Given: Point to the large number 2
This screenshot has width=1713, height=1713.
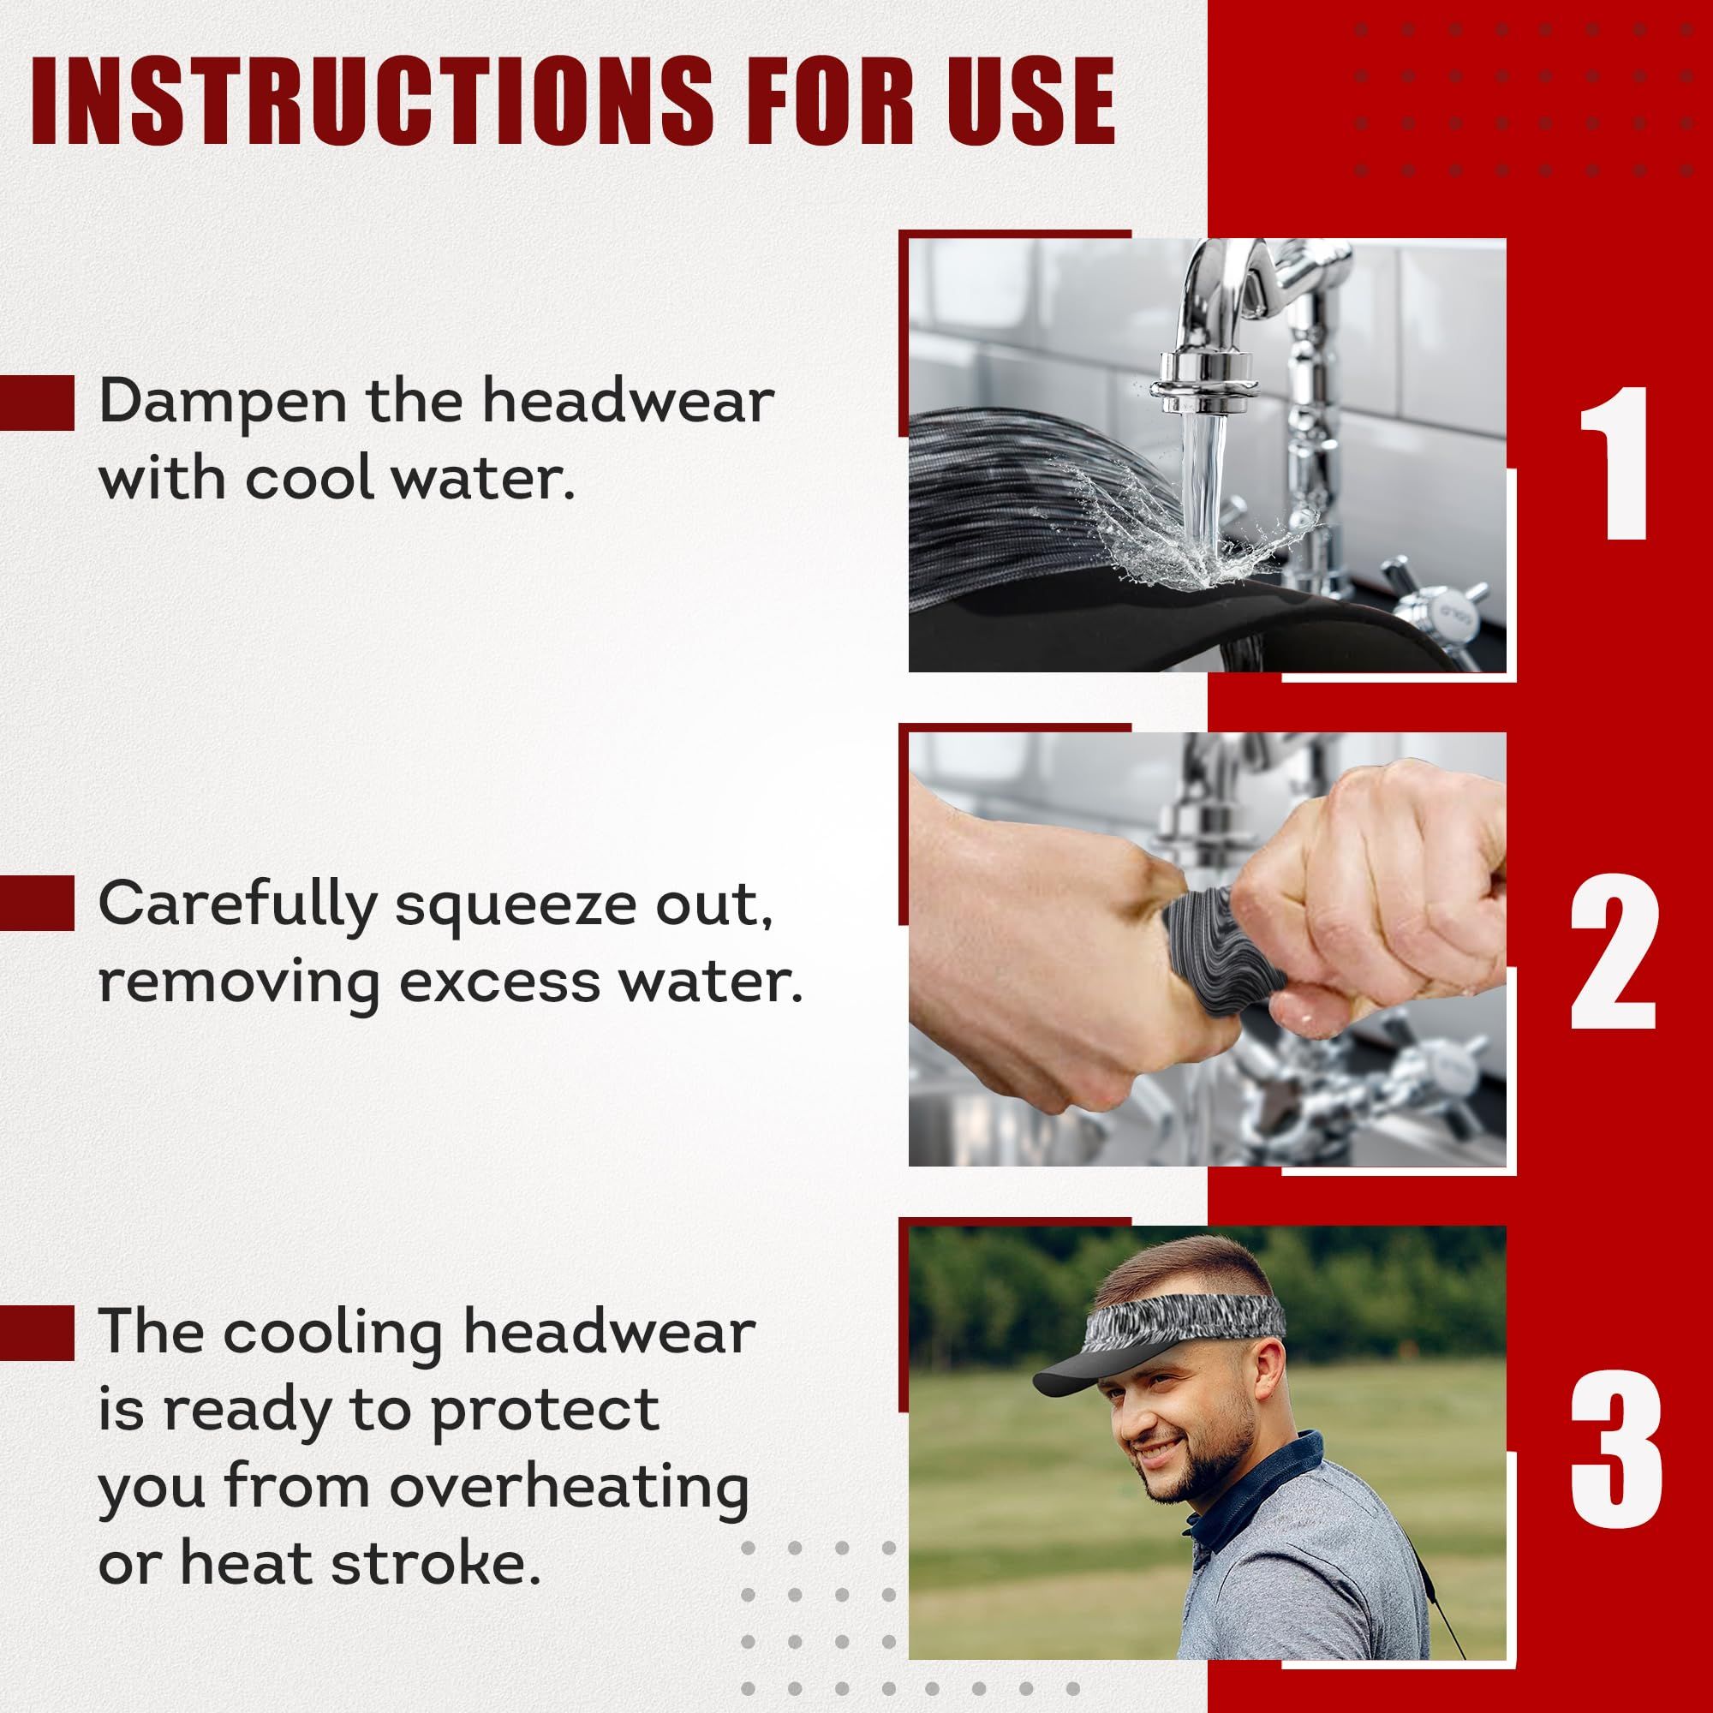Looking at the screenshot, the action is tap(1613, 952).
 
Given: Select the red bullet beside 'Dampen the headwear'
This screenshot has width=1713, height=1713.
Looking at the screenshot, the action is tap(36, 403).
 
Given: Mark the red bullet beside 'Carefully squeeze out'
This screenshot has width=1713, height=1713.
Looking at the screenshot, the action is tap(36, 903).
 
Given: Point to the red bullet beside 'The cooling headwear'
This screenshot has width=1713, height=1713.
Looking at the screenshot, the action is tap(36, 1332).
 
